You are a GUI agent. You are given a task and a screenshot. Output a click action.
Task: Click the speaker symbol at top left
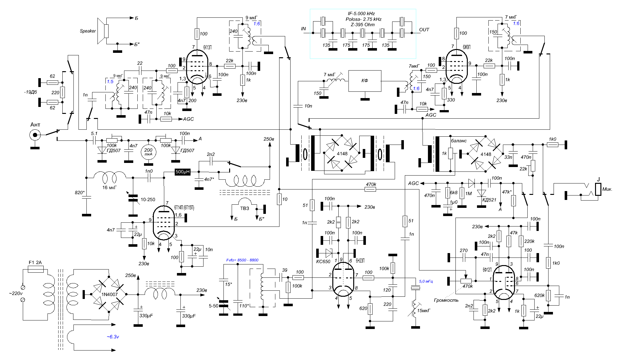[x=103, y=31]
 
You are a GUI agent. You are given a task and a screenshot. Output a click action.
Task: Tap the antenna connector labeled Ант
[x=35, y=135]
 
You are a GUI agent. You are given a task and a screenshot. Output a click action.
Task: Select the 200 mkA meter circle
[x=148, y=152]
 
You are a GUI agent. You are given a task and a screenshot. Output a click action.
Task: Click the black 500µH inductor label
[x=183, y=172]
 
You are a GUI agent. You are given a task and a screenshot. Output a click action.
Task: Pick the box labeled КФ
[x=365, y=81]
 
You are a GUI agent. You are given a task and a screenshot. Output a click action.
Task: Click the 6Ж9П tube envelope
[x=456, y=66]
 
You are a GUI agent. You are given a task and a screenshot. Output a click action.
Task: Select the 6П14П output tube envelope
[x=164, y=223]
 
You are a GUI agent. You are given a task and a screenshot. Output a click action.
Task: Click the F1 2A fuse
[x=36, y=269]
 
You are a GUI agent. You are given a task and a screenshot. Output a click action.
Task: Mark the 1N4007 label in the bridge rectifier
[x=109, y=295]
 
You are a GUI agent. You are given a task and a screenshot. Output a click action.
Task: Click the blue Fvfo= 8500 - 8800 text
[x=242, y=260]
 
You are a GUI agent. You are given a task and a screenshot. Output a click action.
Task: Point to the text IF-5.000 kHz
[x=361, y=14]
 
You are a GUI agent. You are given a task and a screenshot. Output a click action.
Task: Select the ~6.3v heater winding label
[x=113, y=337]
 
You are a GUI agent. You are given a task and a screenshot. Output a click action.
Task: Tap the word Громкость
[x=446, y=300]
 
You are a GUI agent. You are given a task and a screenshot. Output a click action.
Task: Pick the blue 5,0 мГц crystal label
[x=426, y=281]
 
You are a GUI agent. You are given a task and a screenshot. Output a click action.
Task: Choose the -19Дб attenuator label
[x=30, y=92]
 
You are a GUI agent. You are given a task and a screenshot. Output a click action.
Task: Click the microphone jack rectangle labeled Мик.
[x=598, y=189]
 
